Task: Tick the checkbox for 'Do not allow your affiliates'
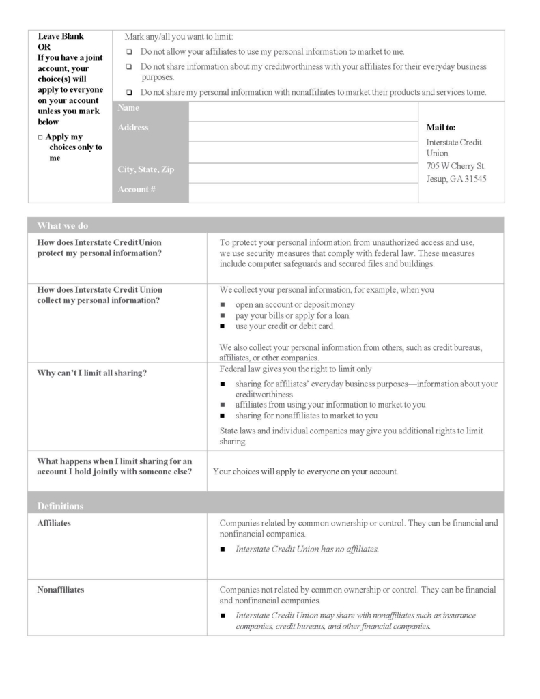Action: (129, 52)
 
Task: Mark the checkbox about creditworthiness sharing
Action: (129, 67)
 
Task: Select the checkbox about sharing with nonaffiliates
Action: (129, 92)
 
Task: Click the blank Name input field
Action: (302, 111)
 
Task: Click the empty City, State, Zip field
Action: (302, 173)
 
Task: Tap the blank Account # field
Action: (302, 192)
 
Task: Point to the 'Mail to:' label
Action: (440, 127)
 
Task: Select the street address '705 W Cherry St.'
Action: (455, 166)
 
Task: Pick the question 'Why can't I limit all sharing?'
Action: (92, 373)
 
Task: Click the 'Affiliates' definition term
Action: (55, 523)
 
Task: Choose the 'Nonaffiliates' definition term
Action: (61, 590)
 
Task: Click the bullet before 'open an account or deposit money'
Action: (223, 305)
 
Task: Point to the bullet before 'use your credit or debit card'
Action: (223, 326)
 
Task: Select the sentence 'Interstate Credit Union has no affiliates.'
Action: (307, 549)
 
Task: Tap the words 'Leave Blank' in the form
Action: (61, 36)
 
